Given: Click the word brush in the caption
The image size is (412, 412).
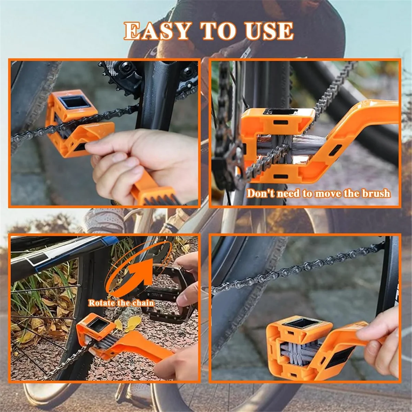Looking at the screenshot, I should (376, 193).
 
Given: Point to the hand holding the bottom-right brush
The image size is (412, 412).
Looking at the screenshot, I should (381, 343).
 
